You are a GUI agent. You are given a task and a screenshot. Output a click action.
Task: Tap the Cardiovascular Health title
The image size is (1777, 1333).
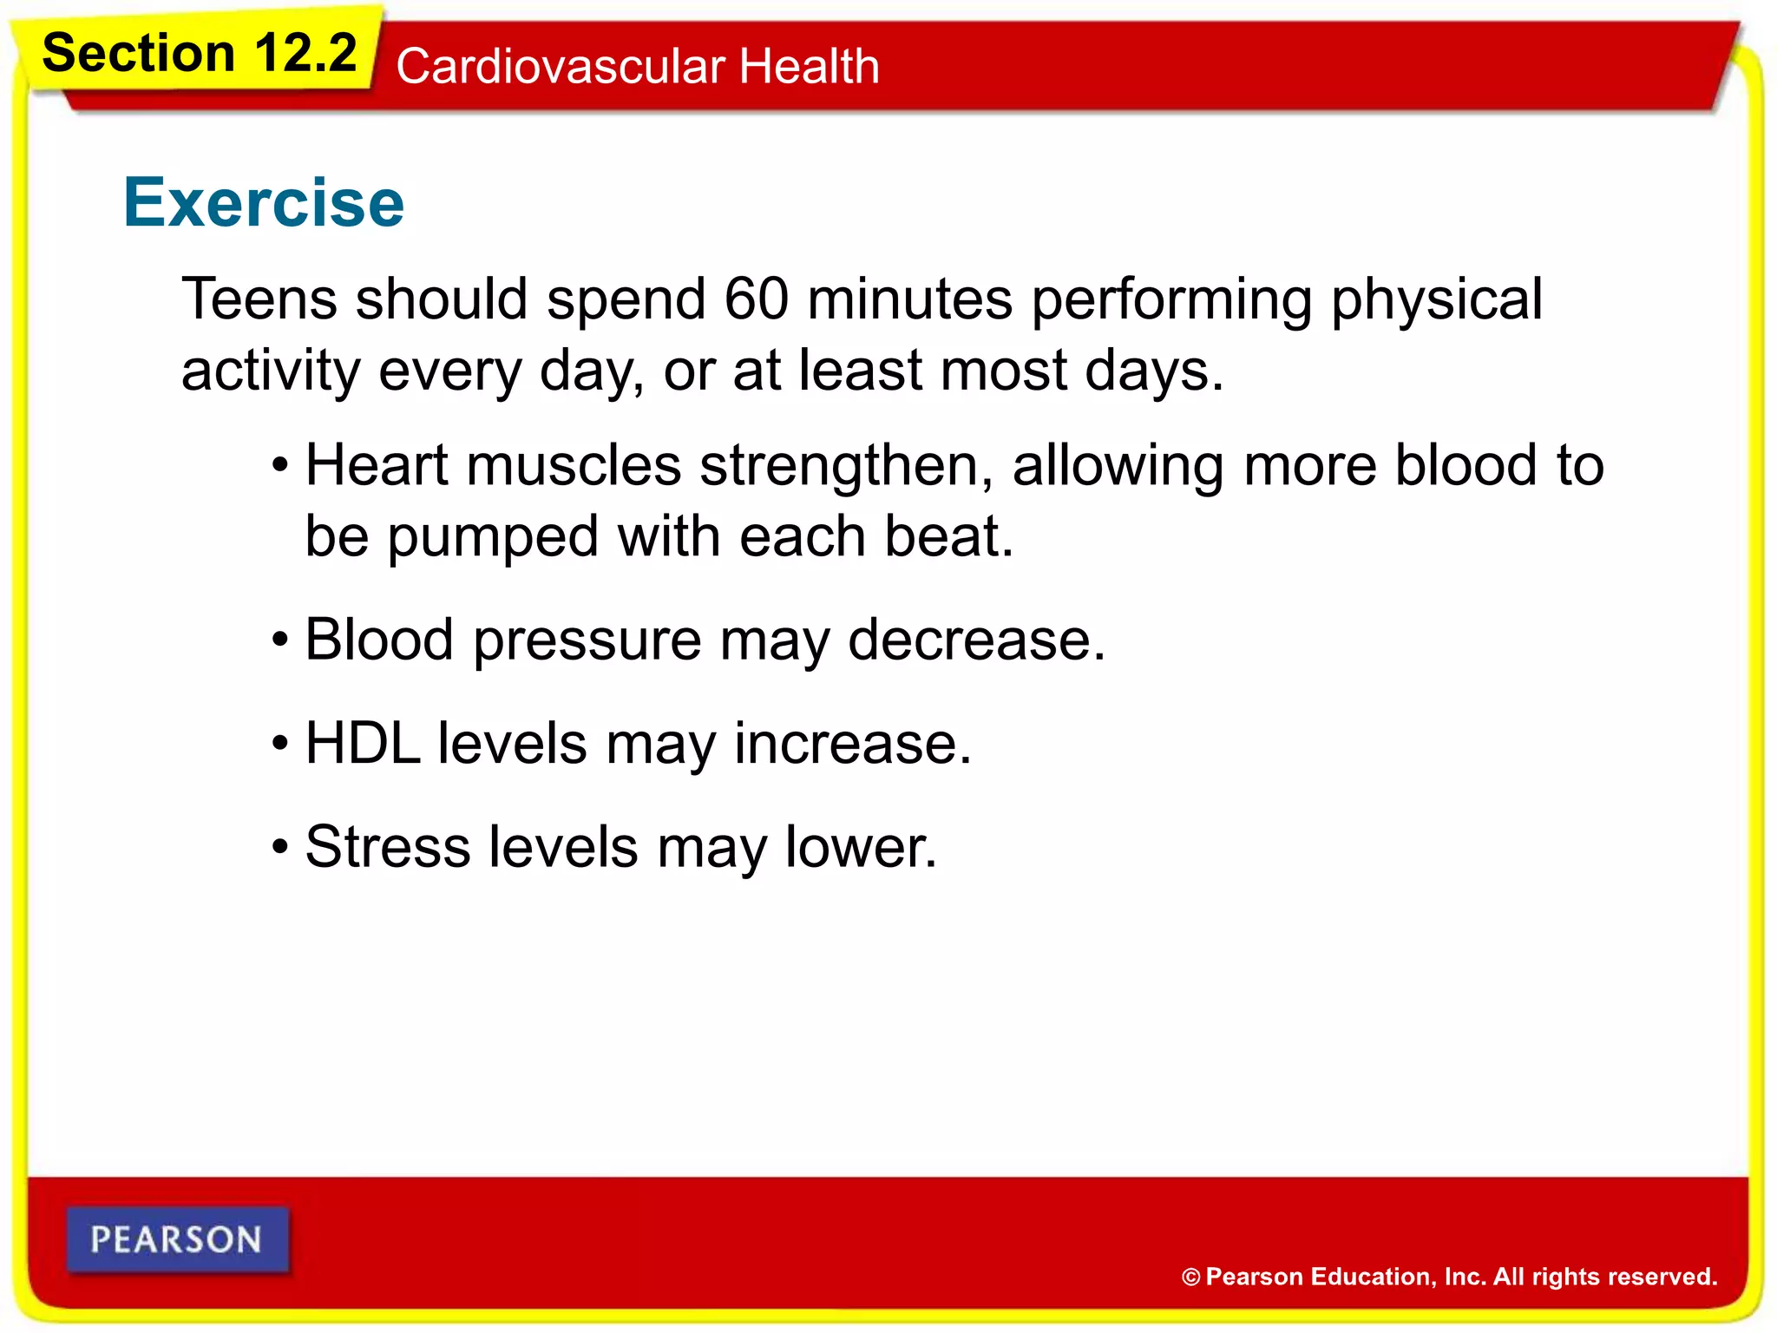point(638,67)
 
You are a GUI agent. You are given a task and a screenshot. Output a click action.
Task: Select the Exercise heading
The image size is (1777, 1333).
point(264,202)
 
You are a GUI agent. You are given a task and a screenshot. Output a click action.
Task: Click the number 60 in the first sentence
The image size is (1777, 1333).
point(756,299)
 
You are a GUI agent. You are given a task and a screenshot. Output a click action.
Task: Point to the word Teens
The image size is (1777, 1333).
point(259,299)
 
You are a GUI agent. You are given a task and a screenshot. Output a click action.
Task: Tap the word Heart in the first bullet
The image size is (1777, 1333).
point(377,465)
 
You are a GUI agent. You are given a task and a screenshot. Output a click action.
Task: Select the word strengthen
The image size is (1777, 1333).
point(846,467)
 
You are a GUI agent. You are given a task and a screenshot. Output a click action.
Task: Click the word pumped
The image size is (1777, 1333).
point(493,538)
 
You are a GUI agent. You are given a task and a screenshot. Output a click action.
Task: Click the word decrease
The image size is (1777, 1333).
point(975,640)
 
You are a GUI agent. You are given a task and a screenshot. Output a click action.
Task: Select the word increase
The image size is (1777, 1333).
point(852,745)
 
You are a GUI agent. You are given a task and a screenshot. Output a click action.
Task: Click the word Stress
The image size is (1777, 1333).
point(387,847)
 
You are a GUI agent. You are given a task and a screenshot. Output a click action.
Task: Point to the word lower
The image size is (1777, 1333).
point(860,847)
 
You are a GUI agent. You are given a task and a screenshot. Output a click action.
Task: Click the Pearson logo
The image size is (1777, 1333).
point(177,1239)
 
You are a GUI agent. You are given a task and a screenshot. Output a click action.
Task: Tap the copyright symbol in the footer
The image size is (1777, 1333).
point(1190,1277)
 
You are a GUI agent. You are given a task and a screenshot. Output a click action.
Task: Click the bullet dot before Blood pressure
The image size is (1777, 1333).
point(279,641)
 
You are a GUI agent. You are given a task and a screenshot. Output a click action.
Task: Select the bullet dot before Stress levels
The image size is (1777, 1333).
point(279,848)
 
